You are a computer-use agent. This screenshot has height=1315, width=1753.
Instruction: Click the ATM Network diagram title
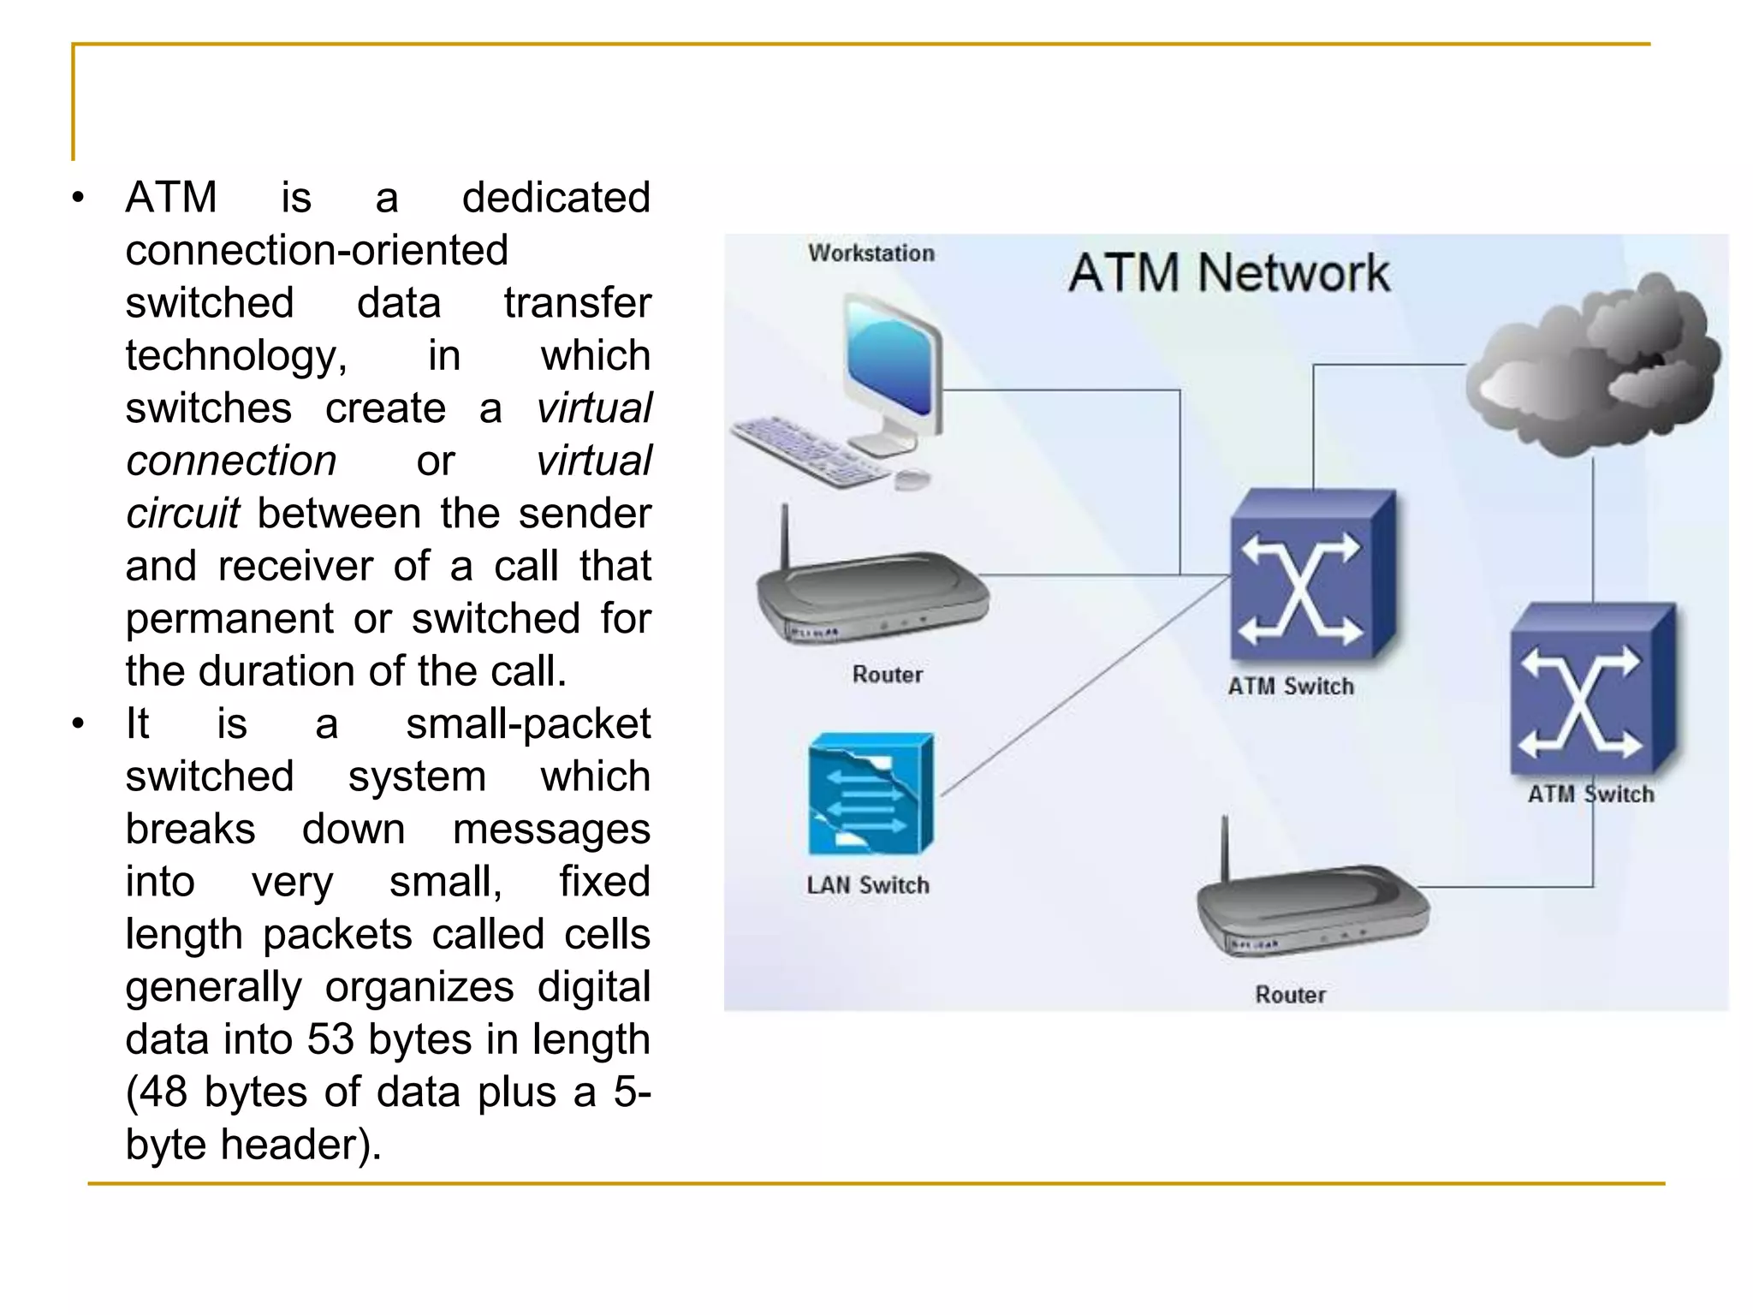1229,273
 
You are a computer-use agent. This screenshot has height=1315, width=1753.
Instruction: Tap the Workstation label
871,253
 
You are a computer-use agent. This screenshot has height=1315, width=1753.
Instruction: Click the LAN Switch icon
870,794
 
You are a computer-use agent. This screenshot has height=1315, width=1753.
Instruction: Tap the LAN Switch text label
867,885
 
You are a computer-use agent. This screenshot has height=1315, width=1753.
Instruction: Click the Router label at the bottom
1290,995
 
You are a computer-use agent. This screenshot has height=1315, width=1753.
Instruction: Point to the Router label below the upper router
888,675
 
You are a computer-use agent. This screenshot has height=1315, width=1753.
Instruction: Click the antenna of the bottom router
1225,848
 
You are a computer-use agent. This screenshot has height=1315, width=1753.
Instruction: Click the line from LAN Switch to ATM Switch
1087,685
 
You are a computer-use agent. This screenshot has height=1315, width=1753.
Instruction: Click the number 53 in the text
330,1039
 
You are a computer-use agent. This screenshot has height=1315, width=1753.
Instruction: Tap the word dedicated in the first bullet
556,198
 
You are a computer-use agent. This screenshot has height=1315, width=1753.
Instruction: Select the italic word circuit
182,514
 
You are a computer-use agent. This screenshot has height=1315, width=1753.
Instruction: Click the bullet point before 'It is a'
79,724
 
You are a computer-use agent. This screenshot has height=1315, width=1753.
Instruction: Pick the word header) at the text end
300,1145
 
